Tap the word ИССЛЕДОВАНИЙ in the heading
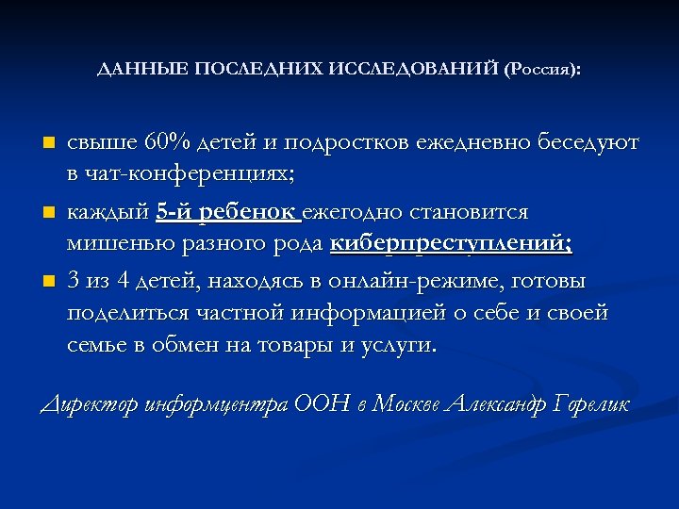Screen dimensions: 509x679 pyautogui.click(x=415, y=72)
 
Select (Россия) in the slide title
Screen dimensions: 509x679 pyautogui.click(x=542, y=72)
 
